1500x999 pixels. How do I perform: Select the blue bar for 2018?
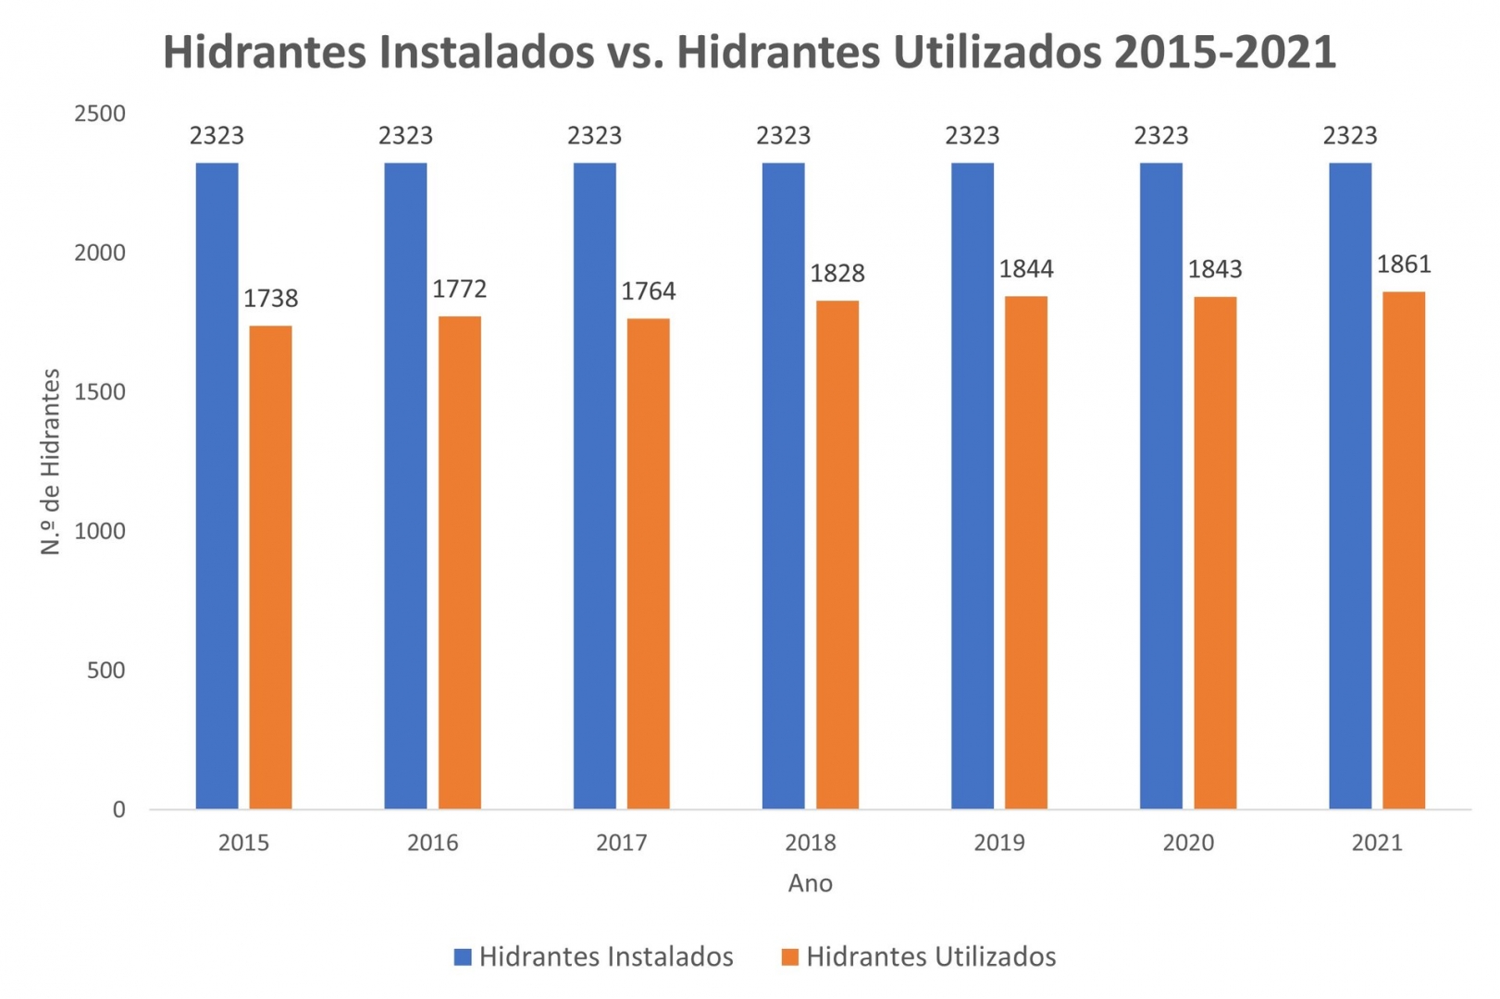[783, 486]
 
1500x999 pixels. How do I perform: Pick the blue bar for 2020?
[1160, 486]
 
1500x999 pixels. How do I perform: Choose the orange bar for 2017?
[648, 563]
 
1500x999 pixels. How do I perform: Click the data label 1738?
[270, 298]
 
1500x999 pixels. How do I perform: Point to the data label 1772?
[459, 289]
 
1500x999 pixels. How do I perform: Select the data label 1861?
[1404, 265]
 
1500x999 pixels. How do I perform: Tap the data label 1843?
[1215, 269]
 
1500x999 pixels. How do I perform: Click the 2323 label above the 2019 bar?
[972, 136]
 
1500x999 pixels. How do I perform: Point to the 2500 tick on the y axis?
[100, 114]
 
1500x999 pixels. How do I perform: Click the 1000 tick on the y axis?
[100, 531]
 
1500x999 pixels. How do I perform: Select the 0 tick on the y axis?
[118, 809]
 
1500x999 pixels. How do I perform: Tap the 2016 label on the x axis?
[432, 843]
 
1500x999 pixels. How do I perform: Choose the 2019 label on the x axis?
[999, 843]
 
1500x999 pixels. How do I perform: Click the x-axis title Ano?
[810, 883]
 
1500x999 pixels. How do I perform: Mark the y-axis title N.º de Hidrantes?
[50, 462]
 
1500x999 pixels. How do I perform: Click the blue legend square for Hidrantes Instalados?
[463, 956]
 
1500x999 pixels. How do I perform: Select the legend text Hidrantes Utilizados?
[931, 956]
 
